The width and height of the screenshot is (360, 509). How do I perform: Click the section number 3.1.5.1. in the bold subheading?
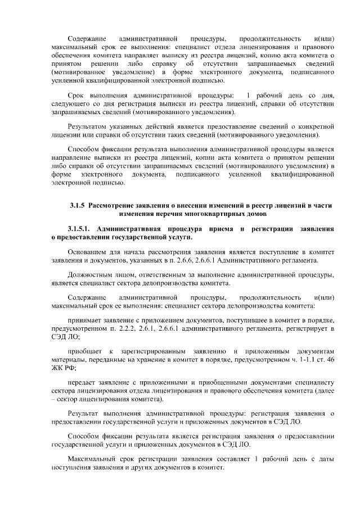pos(80,229)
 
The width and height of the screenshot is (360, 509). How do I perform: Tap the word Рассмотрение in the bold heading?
pos(115,206)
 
